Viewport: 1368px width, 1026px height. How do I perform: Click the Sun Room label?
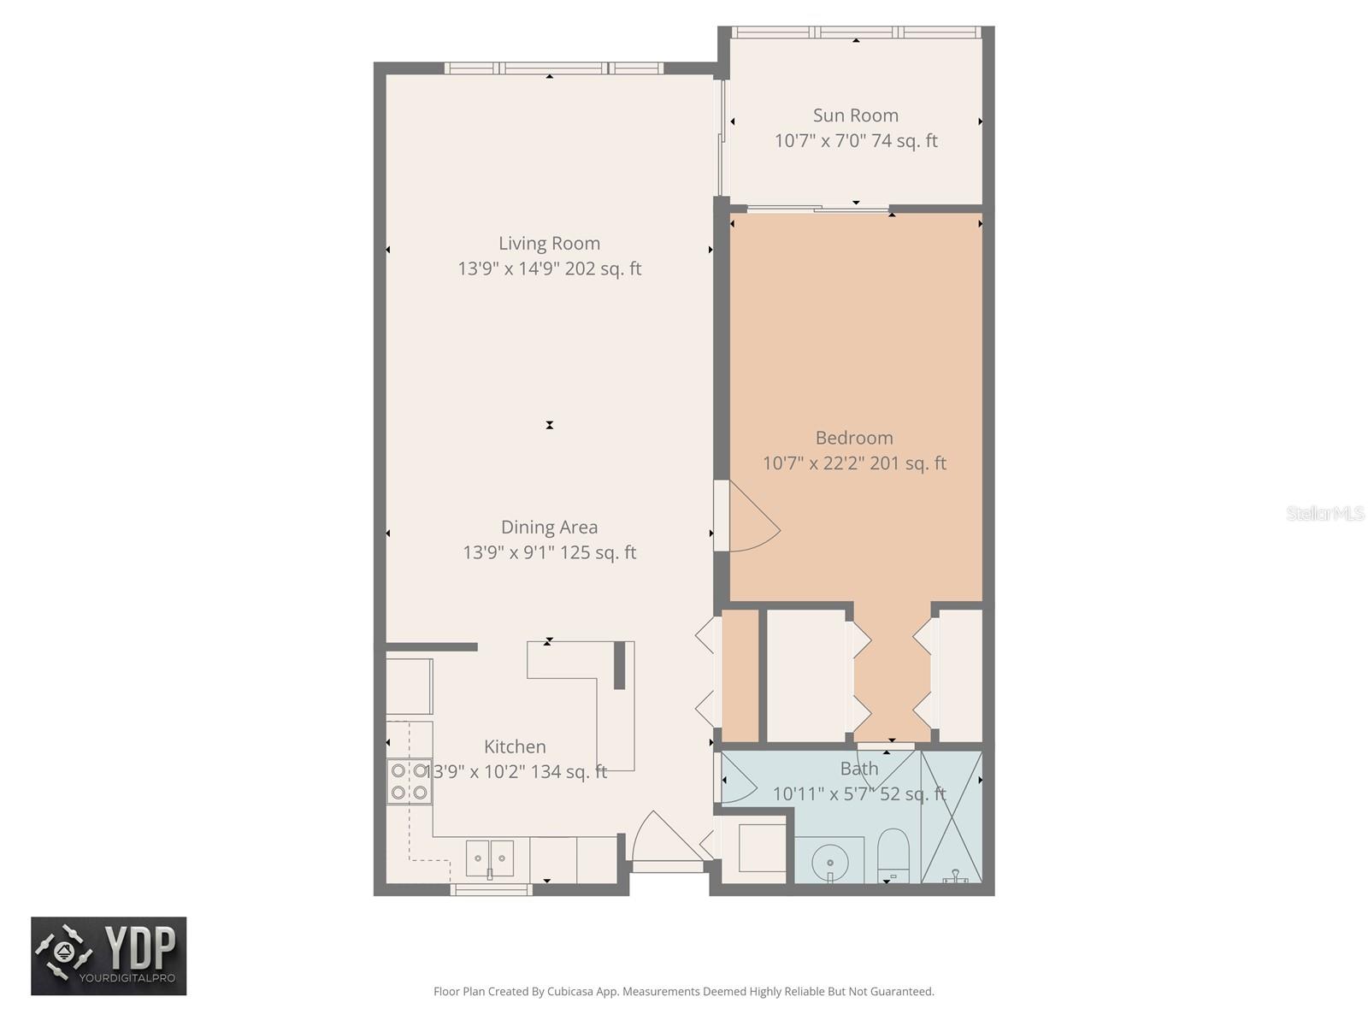855,115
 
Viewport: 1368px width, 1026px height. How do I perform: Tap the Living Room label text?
549,244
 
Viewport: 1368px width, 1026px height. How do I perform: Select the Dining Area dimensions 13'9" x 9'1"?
549,552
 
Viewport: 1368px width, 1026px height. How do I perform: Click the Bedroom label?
853,438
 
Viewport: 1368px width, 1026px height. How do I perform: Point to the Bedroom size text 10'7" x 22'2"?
853,463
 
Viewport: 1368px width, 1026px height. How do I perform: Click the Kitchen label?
515,746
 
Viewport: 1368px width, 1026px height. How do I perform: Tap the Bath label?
858,769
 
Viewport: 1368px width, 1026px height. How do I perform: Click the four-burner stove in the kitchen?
409,781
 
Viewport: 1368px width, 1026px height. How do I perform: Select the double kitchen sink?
490,858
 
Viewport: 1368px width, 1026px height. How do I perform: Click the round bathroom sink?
828,858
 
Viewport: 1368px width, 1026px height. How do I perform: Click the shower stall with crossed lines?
951,817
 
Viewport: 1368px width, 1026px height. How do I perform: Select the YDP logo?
109,956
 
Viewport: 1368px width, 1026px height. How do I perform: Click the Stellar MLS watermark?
1324,514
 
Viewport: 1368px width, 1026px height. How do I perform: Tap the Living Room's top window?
553,68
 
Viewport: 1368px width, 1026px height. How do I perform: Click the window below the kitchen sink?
491,890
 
